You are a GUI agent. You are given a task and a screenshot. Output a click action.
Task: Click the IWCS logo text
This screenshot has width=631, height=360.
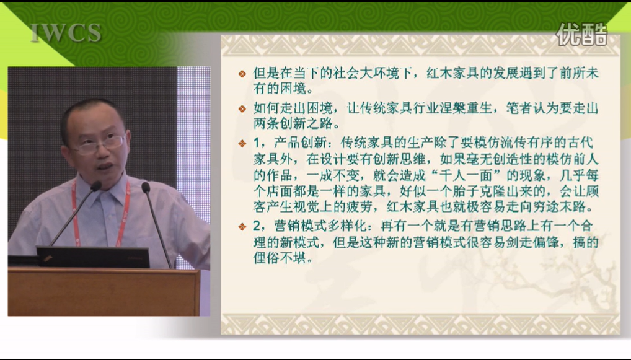66,33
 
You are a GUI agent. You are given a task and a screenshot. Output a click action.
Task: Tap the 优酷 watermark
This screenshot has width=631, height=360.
581,33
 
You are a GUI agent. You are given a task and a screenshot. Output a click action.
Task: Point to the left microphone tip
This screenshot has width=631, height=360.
96,186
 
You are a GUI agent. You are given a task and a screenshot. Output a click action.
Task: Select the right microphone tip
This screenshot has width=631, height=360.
146,187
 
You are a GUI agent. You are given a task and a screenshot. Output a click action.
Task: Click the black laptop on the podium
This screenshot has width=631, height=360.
93,257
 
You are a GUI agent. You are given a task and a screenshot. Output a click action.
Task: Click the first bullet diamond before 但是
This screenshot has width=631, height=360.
242,74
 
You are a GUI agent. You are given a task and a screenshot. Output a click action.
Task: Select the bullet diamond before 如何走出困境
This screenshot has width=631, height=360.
242,108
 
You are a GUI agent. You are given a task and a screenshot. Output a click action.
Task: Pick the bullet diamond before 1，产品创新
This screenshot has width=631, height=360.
242,143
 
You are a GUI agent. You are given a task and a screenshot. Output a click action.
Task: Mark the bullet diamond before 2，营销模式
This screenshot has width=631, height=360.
242,226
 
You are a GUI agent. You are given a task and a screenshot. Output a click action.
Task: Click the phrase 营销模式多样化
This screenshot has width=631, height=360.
320,226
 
